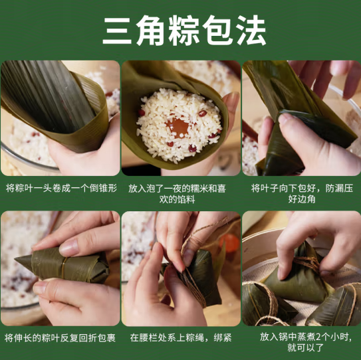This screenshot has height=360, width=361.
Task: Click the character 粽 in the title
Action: tap(184, 30)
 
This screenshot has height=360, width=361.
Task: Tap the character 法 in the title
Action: tap(251, 30)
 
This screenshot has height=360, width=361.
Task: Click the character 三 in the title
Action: tap(117, 30)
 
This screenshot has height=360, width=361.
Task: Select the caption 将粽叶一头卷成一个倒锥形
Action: tap(61, 188)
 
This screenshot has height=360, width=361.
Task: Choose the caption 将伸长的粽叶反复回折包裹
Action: tap(60, 338)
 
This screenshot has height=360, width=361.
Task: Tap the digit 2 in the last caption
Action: tap(318, 337)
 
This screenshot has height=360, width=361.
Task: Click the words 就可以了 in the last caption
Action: tap(306, 348)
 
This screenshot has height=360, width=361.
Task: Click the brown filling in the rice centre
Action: tap(178, 127)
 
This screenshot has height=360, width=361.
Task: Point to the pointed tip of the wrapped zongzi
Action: tap(15, 259)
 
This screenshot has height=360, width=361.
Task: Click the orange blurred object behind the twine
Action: tap(229, 243)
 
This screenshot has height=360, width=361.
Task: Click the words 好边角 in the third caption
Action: tap(302, 199)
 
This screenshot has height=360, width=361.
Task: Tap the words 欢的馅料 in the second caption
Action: tap(177, 199)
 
